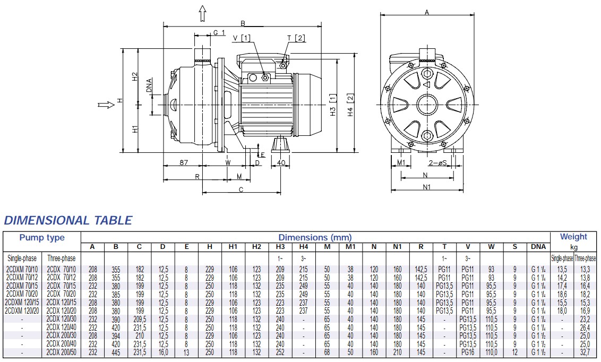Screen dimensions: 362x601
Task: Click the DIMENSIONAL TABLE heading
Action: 68,220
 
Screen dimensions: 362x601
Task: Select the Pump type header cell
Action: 42,238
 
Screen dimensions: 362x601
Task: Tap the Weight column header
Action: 573,237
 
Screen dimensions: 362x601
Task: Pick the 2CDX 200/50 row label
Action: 62,352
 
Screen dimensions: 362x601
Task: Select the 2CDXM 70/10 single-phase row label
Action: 22,269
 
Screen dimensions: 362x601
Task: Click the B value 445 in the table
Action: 116,352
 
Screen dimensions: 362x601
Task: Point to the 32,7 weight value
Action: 585,352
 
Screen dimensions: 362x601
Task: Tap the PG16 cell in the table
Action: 467,352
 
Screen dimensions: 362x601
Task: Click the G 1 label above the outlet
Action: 219,33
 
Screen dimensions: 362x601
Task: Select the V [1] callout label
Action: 242,38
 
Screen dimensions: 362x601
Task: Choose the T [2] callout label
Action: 296,38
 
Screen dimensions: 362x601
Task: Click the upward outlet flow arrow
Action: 202,14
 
